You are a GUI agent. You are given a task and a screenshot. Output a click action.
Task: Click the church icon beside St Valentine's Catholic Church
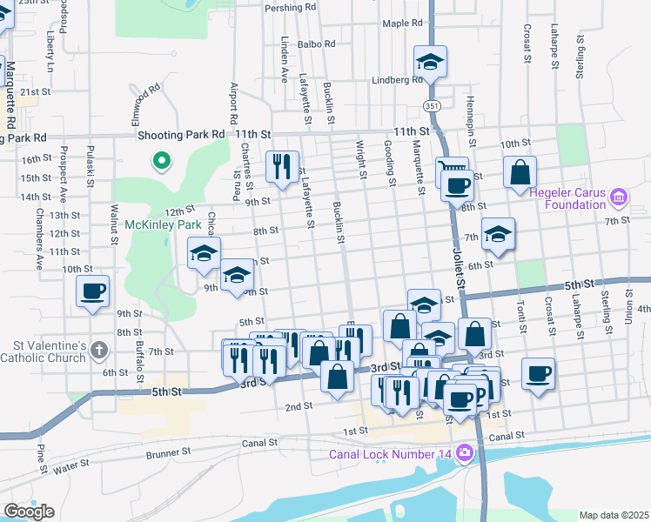[x=99, y=351]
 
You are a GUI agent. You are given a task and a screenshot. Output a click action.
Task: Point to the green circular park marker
[x=160, y=160]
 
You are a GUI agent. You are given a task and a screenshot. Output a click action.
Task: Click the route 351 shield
[x=433, y=105]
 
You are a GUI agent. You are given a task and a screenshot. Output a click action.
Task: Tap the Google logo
[x=29, y=512]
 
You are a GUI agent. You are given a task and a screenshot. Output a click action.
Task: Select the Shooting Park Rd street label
[x=181, y=135]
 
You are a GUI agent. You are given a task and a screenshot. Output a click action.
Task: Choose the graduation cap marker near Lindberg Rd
[x=429, y=63]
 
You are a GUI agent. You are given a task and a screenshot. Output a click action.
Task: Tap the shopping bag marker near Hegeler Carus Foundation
[x=520, y=172]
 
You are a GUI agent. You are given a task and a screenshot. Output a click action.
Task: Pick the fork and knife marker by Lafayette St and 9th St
[x=281, y=165]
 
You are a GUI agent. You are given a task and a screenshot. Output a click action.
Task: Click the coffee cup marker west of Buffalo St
[x=93, y=291]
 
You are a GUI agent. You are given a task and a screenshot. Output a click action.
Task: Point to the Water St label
[x=71, y=469]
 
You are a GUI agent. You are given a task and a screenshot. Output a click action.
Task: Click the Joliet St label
[x=460, y=257]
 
